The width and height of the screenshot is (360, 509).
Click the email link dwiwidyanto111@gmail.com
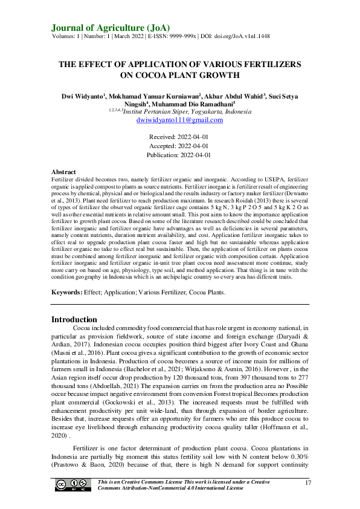pyautogui.click(x=179, y=120)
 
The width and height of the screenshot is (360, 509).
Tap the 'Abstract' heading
pyautogui.click(x=63, y=172)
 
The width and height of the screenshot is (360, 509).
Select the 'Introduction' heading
pyautogui.click(x=74, y=319)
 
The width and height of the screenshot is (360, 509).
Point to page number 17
pyautogui.click(x=308, y=482)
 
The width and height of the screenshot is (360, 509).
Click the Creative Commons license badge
pyautogui.click(x=72, y=485)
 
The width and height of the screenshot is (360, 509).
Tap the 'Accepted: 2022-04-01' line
pyautogui.click(x=179, y=146)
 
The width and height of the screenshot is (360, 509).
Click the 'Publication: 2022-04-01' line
pyautogui.click(x=179, y=155)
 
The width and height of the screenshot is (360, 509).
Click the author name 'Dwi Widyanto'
pyautogui.click(x=83, y=96)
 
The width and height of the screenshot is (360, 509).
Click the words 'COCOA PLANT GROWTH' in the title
pyautogui.click(x=180, y=75)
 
